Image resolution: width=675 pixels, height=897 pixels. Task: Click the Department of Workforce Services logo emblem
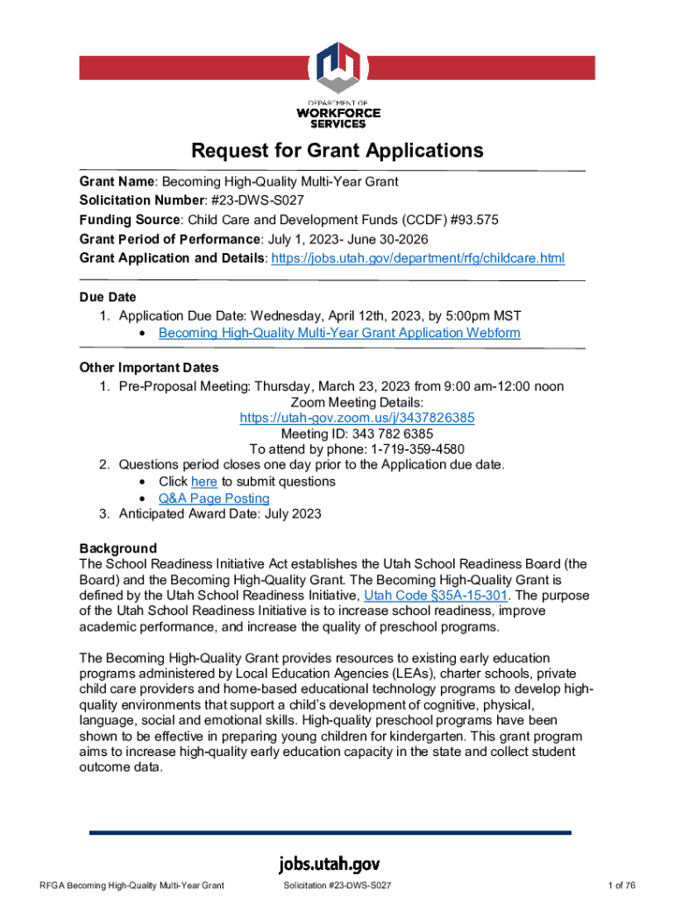click(337, 69)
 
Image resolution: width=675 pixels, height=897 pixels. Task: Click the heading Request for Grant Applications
click(337, 151)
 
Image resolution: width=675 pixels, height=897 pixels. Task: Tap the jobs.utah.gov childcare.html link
click(417, 258)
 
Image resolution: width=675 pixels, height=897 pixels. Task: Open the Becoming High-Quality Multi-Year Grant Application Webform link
click(339, 333)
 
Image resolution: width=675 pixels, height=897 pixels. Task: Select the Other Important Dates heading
click(149, 367)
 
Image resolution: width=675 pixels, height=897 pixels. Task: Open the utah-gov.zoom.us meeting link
click(357, 418)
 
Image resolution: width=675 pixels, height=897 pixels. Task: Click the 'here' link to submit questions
click(203, 482)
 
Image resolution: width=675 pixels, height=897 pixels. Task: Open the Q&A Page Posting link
click(214, 498)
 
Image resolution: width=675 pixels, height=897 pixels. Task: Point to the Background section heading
click(117, 548)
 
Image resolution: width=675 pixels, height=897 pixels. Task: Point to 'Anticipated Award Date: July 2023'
click(220, 514)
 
